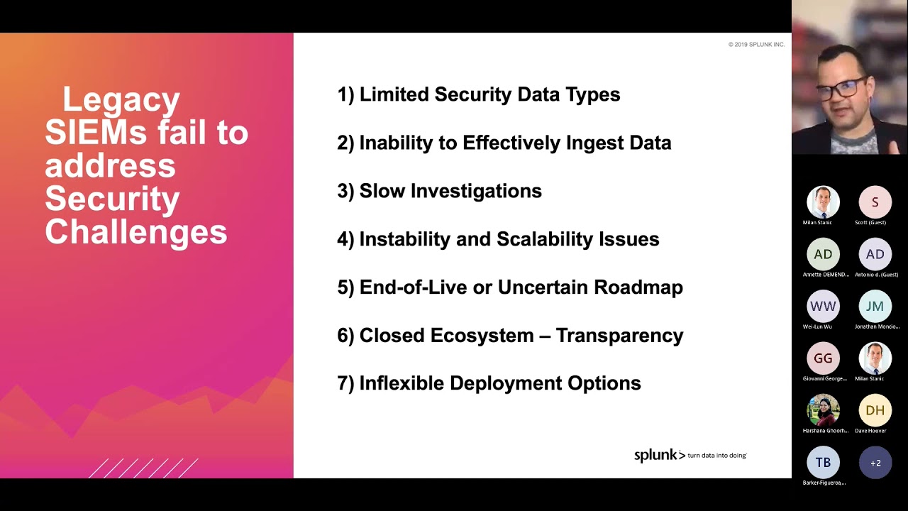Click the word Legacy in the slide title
pos(121,100)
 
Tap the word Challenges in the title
pos(136,232)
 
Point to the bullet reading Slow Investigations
pos(439,191)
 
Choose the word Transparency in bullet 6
pos(619,336)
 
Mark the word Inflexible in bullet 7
pos(402,383)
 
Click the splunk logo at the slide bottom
pos(659,455)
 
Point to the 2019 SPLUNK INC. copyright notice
pos(756,45)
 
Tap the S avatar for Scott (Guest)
pos(875,202)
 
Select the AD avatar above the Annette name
pos(823,254)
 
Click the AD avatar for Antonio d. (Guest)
pos(875,254)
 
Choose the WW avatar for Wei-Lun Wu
pos(823,307)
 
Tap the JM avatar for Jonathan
pos(875,307)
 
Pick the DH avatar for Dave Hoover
pos(875,410)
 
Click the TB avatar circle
pos(823,463)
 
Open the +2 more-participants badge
pos(875,463)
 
